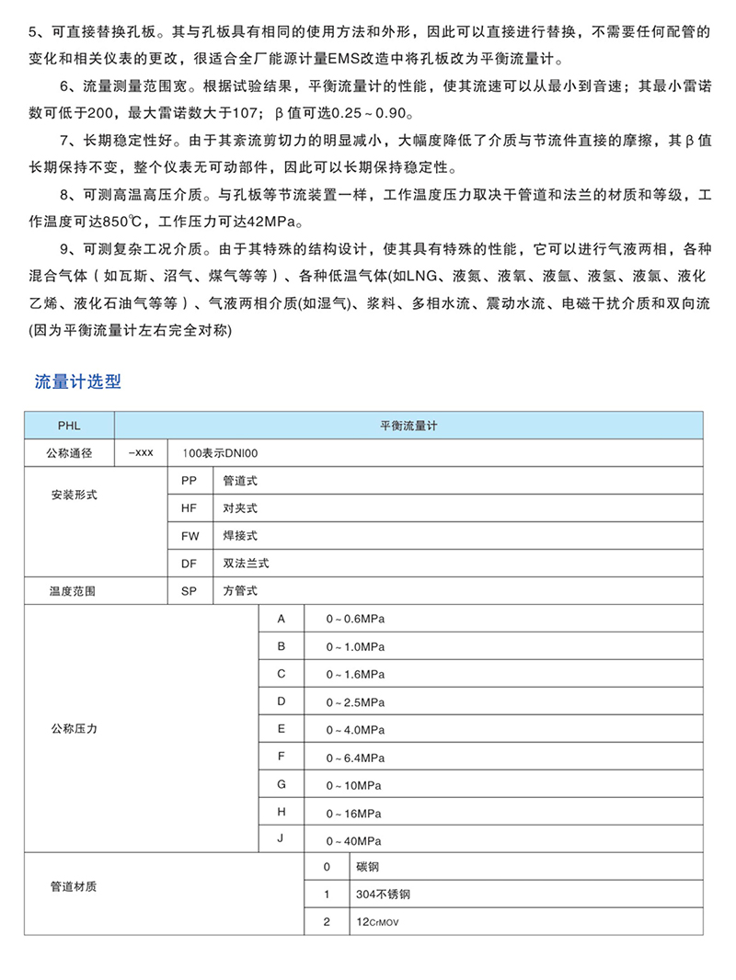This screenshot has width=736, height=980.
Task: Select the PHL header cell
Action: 69,426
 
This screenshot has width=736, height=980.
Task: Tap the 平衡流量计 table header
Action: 408,426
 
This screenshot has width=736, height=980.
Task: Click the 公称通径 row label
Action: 69,453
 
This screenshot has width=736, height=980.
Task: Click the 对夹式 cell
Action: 240,507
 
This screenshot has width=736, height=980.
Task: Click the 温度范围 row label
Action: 69,591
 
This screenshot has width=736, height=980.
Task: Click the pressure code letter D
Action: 282,701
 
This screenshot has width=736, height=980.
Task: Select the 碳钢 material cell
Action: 365,867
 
